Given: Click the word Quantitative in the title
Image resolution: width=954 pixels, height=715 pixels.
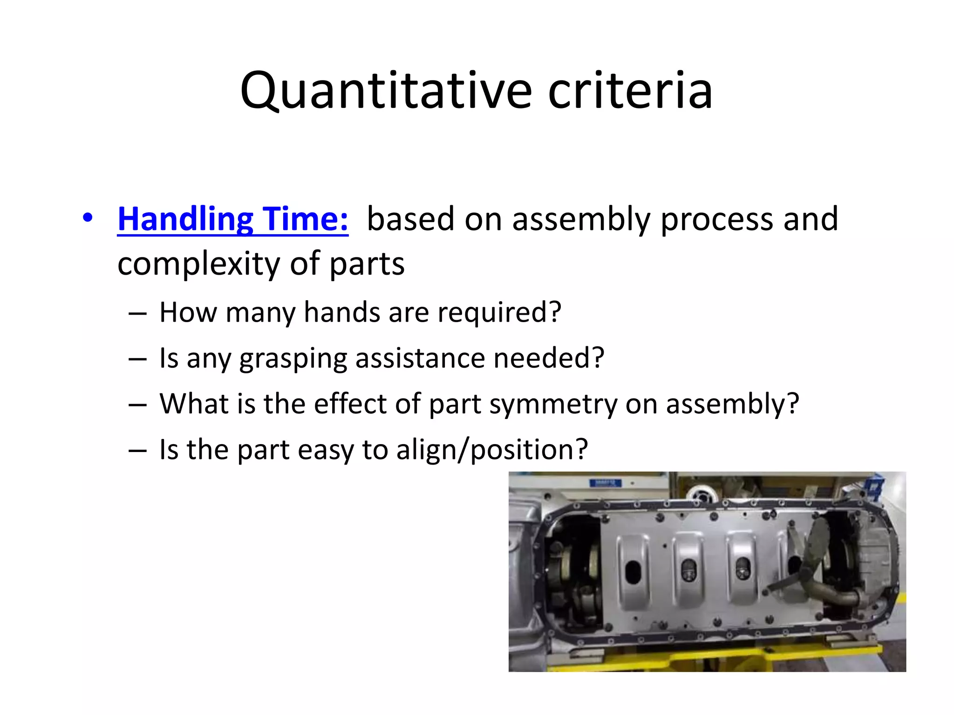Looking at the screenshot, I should coord(386,91).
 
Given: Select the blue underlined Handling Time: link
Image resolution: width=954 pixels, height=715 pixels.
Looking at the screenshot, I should coord(232,219).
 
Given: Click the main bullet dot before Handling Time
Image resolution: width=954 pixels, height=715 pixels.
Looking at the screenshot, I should coord(88,217).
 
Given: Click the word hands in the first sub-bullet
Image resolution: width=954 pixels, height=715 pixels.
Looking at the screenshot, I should coord(341,312).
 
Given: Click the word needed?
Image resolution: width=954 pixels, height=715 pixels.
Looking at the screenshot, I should coord(548,358).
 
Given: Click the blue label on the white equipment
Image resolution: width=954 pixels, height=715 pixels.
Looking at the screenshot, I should coord(605,483).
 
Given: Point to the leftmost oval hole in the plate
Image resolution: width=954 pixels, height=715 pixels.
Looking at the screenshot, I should coord(633,572).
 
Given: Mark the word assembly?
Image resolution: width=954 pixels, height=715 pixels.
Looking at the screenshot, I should coord(732,405).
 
